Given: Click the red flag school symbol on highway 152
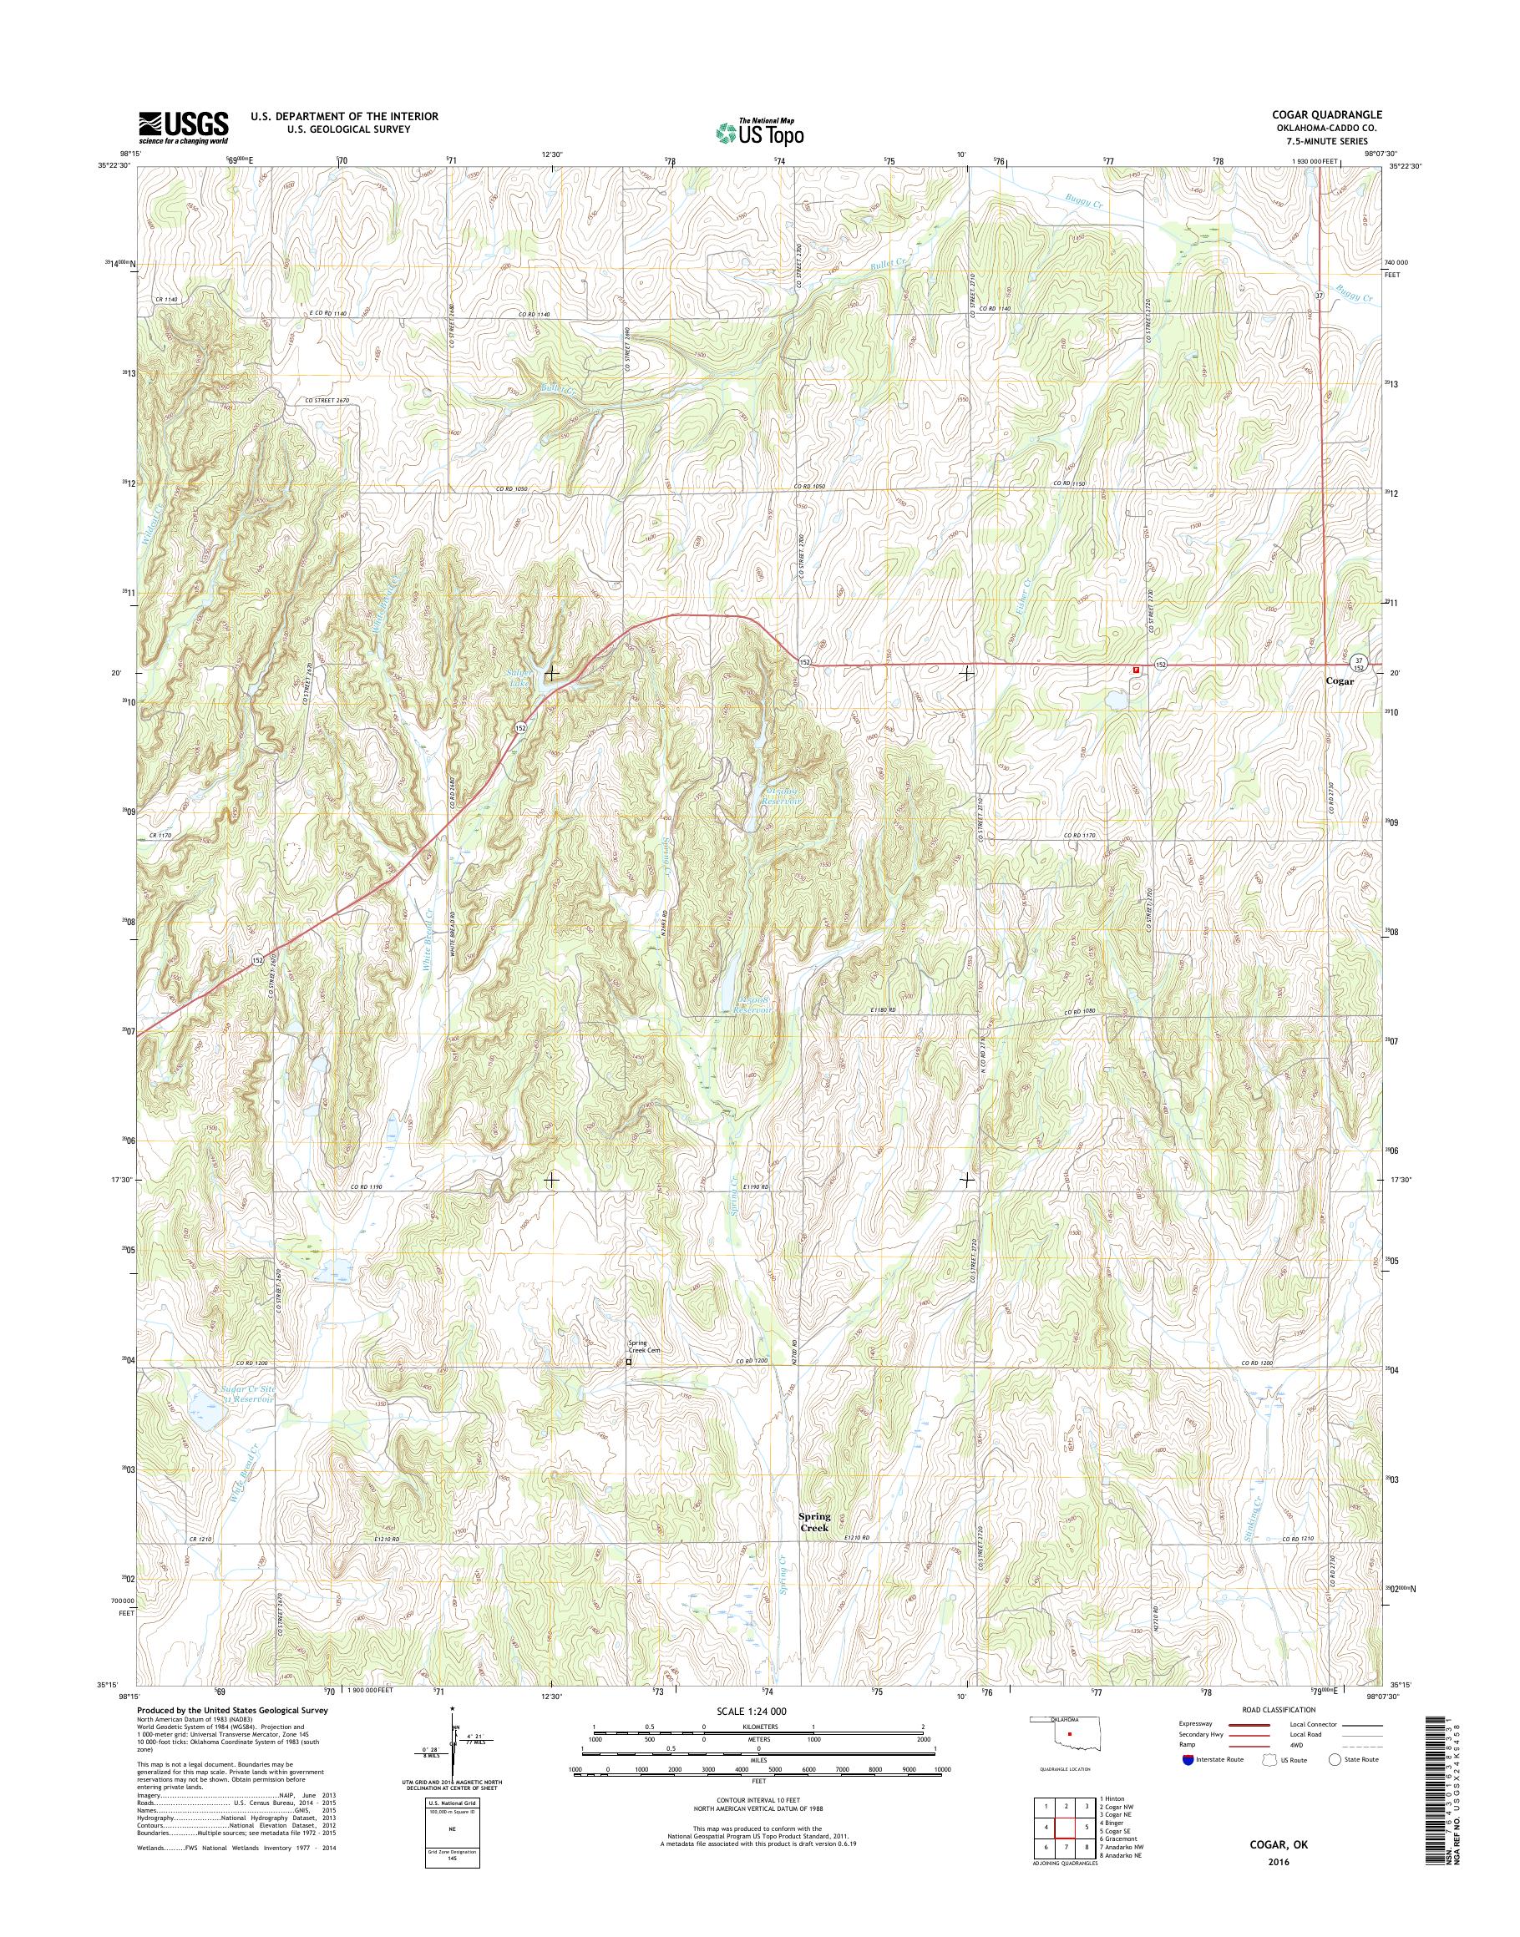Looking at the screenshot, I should click(1136, 669).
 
